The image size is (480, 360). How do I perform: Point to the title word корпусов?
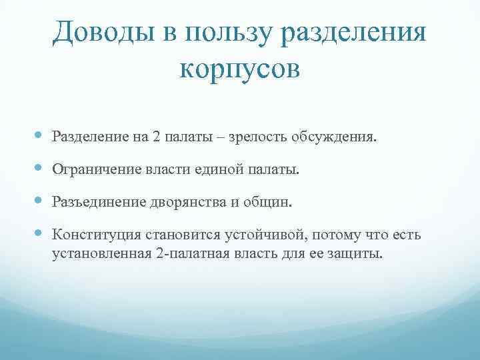click(x=240, y=69)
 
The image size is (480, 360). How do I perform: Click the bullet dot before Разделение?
click(x=41, y=136)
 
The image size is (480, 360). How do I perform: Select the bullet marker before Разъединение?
click(x=41, y=201)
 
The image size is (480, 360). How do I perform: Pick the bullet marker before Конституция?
click(x=41, y=234)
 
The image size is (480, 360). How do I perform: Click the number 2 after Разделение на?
click(x=156, y=137)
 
